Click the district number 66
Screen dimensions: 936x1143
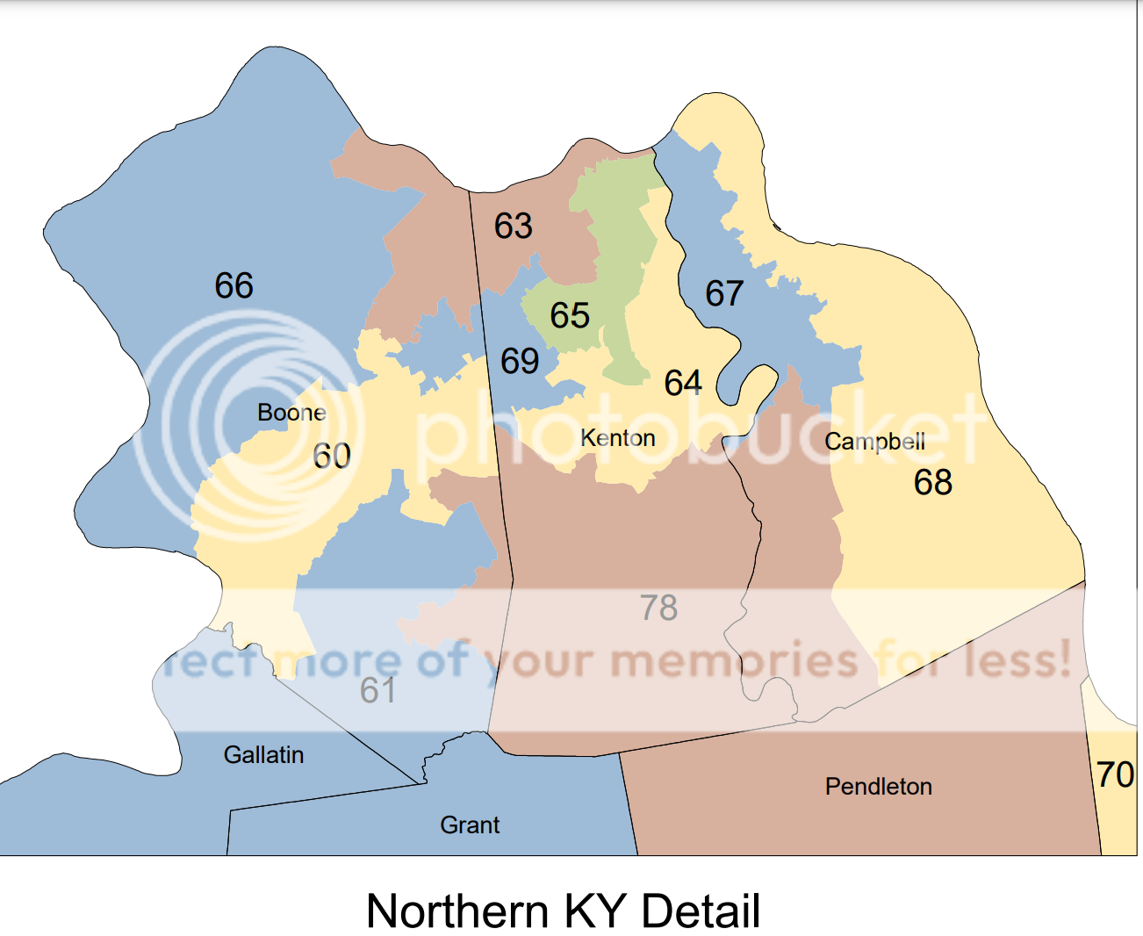234,286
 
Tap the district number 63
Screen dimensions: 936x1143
514,227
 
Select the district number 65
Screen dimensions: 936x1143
570,316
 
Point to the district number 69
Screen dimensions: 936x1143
520,361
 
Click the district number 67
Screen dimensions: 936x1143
724,294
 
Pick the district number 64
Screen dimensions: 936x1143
683,384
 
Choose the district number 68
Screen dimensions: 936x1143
932,483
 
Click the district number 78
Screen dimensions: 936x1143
658,608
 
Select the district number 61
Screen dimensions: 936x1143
377,691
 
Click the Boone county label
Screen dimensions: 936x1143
291,413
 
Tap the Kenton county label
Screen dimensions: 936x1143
618,438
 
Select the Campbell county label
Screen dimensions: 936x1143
874,442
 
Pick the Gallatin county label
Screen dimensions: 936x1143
263,755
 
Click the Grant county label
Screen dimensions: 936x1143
470,825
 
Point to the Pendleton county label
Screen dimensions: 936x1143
878,787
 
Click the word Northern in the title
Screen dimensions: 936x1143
457,911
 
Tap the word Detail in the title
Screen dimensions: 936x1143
701,911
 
